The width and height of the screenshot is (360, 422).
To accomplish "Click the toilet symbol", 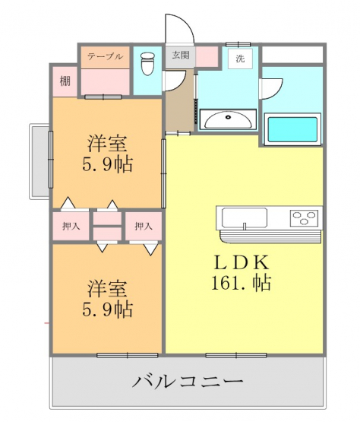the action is (x=147, y=64).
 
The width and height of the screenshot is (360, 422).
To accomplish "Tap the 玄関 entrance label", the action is (x=181, y=56).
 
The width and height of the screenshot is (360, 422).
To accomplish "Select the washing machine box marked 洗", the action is (x=240, y=59).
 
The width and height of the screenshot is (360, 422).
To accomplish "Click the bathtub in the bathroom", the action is (x=293, y=130).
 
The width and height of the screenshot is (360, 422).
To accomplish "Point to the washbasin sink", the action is (x=229, y=120).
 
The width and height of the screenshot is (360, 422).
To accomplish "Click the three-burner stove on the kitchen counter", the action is (x=304, y=218).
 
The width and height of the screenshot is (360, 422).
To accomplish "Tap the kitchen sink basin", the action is (x=245, y=217).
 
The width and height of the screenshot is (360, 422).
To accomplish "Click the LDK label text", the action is (x=241, y=262).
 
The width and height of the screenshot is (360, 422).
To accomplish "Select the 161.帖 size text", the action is (x=241, y=283).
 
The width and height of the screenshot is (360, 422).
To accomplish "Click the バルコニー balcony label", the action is (x=188, y=381).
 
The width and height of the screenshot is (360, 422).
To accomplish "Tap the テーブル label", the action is (x=105, y=56).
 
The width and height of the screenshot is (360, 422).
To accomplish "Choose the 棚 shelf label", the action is (x=65, y=81).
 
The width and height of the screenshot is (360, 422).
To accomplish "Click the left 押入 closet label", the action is (x=71, y=226).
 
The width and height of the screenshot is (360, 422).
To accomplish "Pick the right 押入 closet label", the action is (x=144, y=226).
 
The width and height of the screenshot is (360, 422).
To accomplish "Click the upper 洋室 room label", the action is (x=107, y=144).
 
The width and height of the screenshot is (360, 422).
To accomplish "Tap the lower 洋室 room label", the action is (x=107, y=288).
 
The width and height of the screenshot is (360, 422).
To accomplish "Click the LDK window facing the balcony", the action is (x=236, y=355).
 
